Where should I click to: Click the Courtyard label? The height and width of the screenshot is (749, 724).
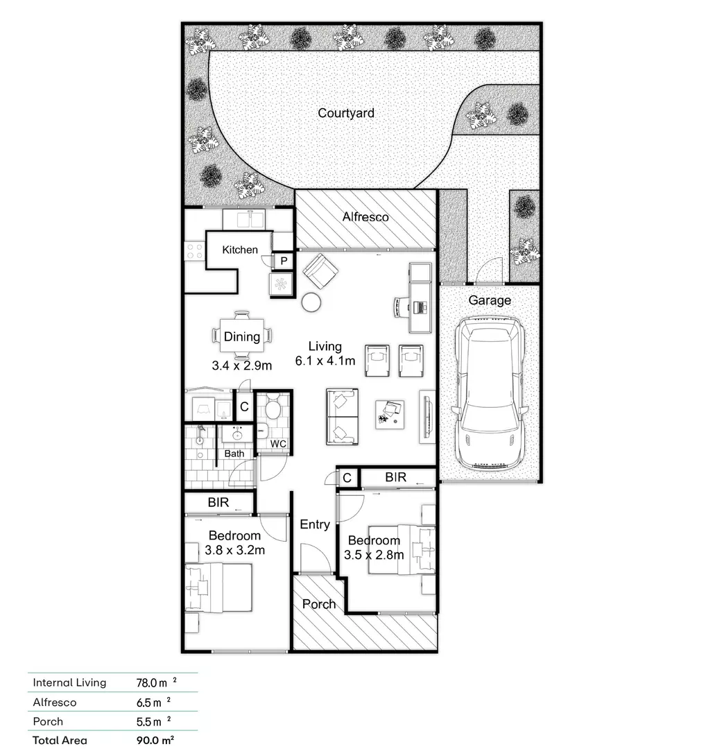pyautogui.click(x=345, y=113)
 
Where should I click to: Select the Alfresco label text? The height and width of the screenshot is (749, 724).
pyautogui.click(x=365, y=217)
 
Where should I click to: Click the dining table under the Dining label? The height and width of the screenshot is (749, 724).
pyautogui.click(x=241, y=337)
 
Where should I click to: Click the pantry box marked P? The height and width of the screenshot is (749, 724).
pyautogui.click(x=284, y=261)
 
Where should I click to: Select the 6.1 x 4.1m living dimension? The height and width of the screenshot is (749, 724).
pyautogui.click(x=325, y=361)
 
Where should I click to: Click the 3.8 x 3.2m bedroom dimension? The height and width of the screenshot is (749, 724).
pyautogui.click(x=235, y=550)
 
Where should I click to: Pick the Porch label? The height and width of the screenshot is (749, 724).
pyautogui.click(x=319, y=604)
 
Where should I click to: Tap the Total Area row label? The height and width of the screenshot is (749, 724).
pyautogui.click(x=60, y=740)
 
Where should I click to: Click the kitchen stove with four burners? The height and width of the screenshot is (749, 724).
pyautogui.click(x=194, y=251)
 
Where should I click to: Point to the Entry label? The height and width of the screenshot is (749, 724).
pyautogui.click(x=315, y=525)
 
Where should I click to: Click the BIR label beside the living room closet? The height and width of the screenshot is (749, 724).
pyautogui.click(x=396, y=477)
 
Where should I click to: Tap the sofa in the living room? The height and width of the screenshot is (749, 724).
pyautogui.click(x=343, y=417)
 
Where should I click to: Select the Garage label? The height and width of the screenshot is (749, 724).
pyautogui.click(x=490, y=300)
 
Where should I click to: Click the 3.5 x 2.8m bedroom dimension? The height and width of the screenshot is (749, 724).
pyautogui.click(x=374, y=555)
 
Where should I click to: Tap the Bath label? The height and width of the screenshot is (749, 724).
pyautogui.click(x=234, y=454)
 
